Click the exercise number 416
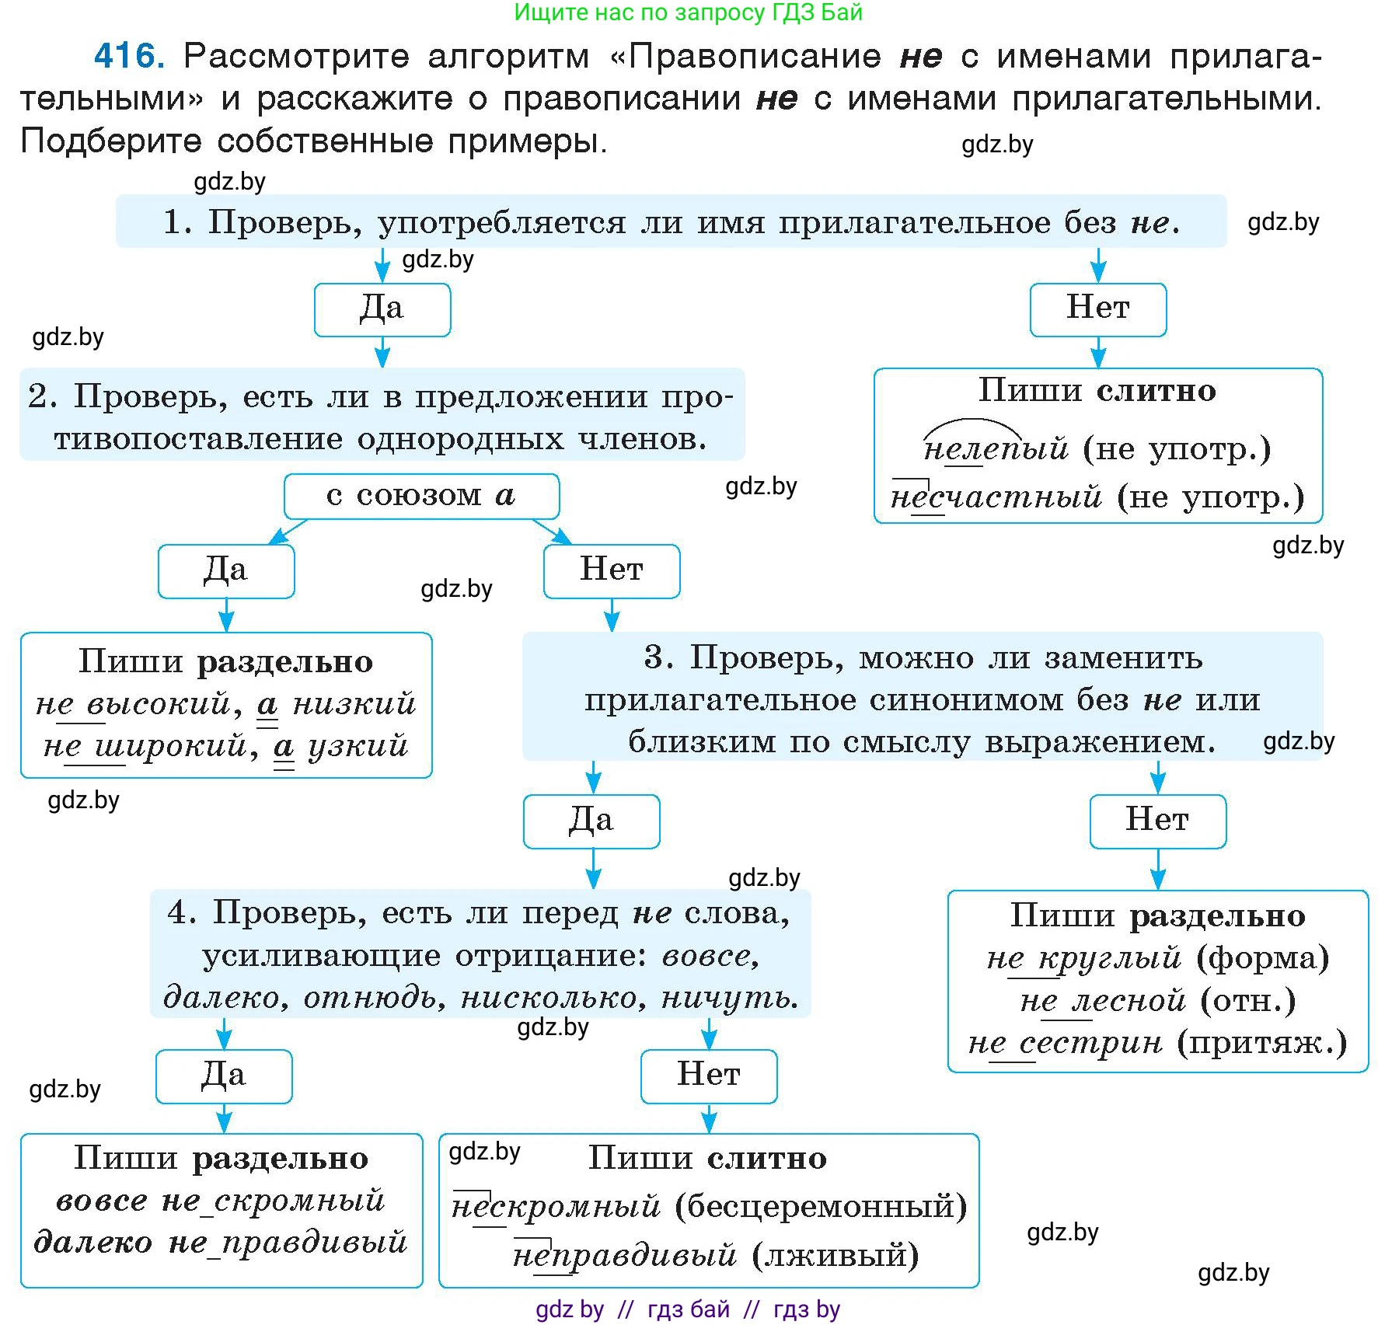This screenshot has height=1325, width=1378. [x=129, y=56]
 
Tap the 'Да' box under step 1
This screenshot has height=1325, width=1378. [x=382, y=309]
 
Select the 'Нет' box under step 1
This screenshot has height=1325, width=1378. [x=1097, y=309]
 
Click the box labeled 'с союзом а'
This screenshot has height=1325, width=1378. [x=421, y=496]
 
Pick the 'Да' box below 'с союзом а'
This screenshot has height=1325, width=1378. [x=225, y=571]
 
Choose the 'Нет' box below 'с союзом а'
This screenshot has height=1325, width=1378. [x=612, y=571]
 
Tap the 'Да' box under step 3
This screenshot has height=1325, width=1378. [x=591, y=821]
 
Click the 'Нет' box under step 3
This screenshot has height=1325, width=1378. [x=1157, y=821]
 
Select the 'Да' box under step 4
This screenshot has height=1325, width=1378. [x=224, y=1076]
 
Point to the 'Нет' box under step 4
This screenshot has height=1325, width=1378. [x=709, y=1076]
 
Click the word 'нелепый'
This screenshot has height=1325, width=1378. [x=996, y=449]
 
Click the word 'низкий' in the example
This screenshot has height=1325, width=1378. [x=354, y=704]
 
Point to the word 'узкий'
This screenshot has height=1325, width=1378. [x=358, y=746]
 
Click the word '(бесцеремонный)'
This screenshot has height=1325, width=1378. [x=821, y=1207]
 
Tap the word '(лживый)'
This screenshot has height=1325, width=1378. [x=836, y=1255]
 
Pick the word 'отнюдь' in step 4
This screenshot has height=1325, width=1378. [x=374, y=997]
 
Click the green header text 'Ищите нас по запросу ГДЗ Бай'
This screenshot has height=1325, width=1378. [x=688, y=12]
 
